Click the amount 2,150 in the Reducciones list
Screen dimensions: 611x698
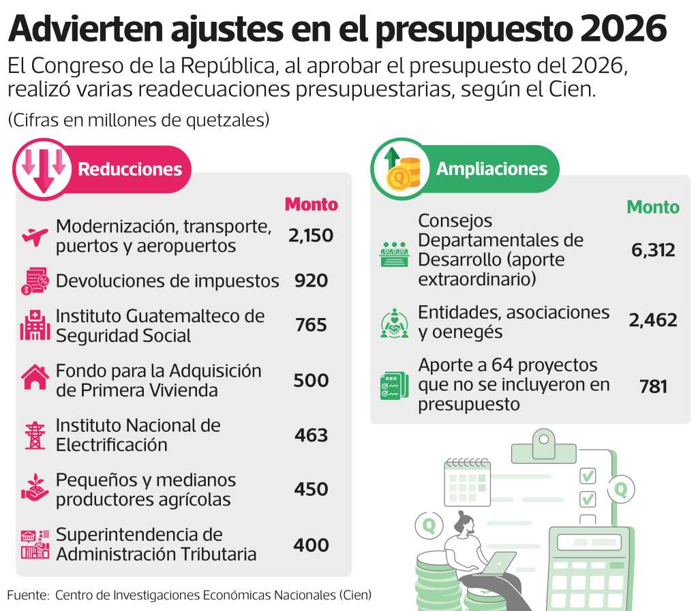[x=311, y=236]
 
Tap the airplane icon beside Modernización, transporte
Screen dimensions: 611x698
[x=35, y=236]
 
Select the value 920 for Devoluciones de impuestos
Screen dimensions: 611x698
[x=311, y=281]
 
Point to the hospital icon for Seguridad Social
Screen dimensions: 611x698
[x=35, y=326]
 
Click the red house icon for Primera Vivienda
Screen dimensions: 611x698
[x=35, y=377]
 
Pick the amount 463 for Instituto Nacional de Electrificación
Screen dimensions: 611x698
[x=311, y=435]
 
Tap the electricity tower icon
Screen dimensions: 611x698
[x=35, y=435]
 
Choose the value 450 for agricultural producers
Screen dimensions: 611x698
[x=311, y=489]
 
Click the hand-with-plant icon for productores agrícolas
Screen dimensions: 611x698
[x=35, y=489]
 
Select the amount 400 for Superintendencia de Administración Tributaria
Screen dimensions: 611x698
[x=311, y=545]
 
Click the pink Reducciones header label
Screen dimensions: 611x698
[x=130, y=170]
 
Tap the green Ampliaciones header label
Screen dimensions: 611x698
[x=491, y=169]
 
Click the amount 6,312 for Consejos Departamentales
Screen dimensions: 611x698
[x=653, y=250]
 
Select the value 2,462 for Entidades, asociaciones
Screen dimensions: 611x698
[x=653, y=320]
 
